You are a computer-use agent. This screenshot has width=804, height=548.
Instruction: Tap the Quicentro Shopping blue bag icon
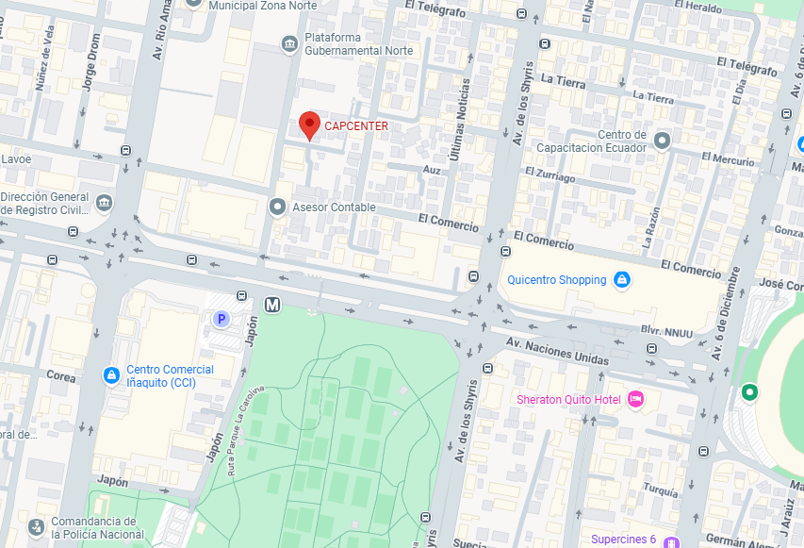pyautogui.click(x=621, y=280)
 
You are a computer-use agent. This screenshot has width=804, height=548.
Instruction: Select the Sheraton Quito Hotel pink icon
pyautogui.click(x=636, y=400)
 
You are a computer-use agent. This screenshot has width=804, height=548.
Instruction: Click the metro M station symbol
pyautogui.click(x=273, y=305)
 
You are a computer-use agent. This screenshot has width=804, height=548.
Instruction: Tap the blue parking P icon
pyautogui.click(x=222, y=320)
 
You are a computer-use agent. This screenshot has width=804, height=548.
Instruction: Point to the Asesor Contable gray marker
pyautogui.click(x=277, y=207)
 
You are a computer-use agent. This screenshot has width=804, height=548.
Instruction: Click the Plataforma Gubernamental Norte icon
pyautogui.click(x=290, y=42)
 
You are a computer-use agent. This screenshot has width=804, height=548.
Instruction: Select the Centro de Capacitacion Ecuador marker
pyautogui.click(x=662, y=141)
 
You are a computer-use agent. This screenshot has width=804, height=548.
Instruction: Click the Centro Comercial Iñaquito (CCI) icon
pyautogui.click(x=111, y=375)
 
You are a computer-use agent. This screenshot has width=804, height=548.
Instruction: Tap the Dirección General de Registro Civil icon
pyautogui.click(x=104, y=203)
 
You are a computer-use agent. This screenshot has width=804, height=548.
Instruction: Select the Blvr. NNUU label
pyautogui.click(x=673, y=332)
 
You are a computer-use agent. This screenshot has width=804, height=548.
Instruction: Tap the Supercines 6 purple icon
pyautogui.click(x=671, y=541)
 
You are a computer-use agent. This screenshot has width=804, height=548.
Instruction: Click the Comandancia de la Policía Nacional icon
pyautogui.click(x=36, y=526)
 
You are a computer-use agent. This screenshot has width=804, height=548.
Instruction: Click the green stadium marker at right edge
pyautogui.click(x=749, y=391)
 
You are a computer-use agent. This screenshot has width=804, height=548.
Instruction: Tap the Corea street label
pyautogui.click(x=61, y=375)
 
